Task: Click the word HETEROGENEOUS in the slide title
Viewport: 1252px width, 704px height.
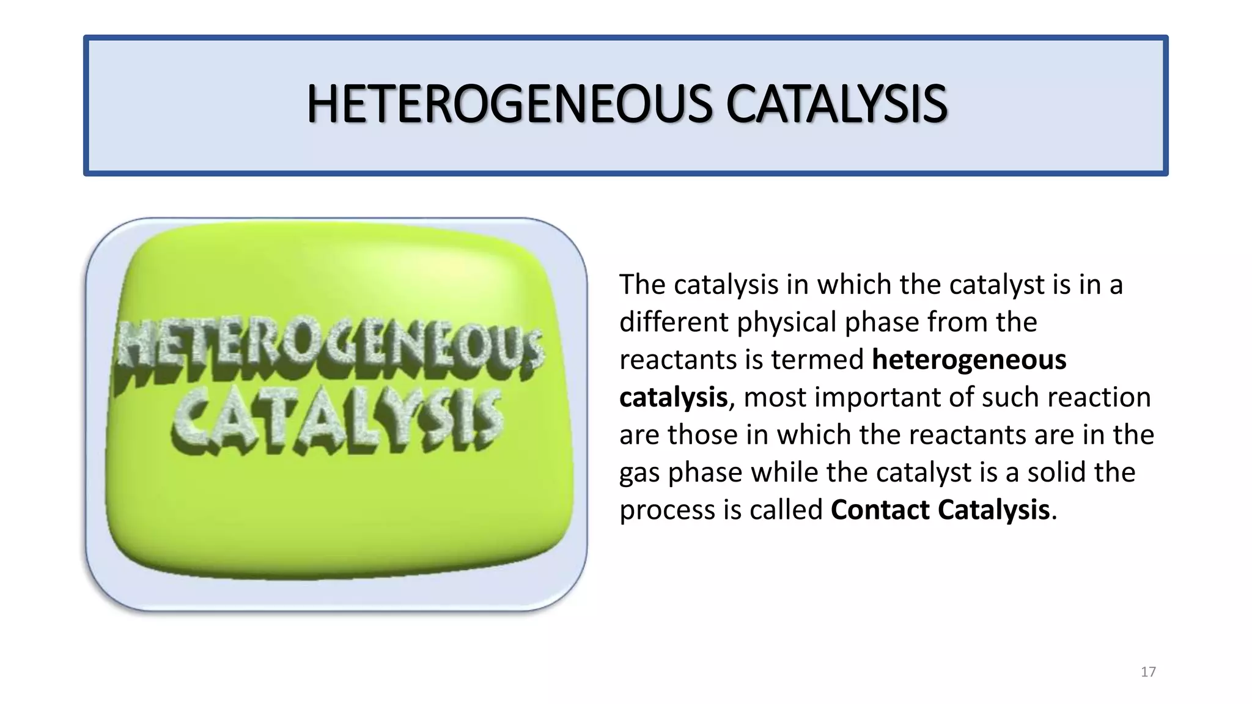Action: [509, 105]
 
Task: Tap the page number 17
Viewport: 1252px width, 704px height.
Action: [1148, 672]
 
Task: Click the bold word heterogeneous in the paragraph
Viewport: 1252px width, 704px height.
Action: [969, 359]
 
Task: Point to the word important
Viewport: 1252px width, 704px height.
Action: [878, 398]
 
